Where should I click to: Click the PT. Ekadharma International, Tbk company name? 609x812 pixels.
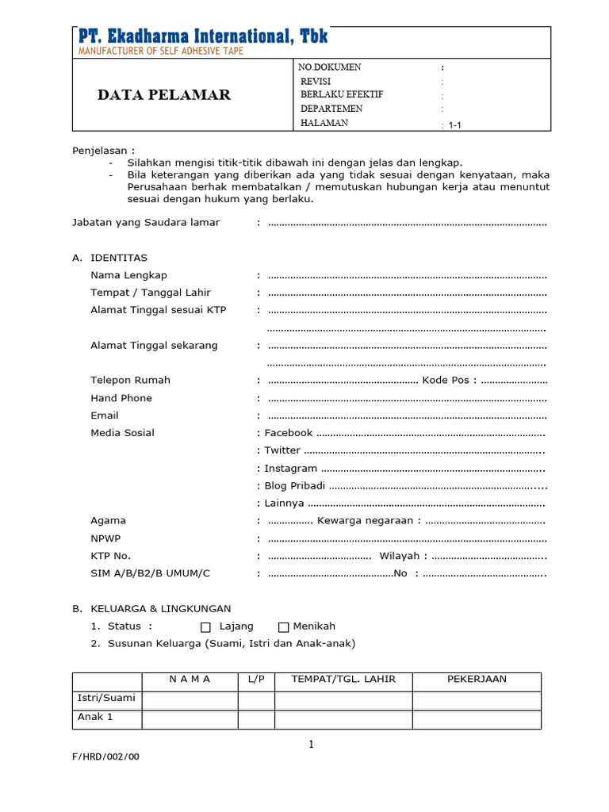[x=203, y=36]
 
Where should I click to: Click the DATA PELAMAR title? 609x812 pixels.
[x=164, y=95]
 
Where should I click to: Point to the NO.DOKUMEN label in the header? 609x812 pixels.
[x=330, y=67]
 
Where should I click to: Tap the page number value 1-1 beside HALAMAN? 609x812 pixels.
[x=455, y=125]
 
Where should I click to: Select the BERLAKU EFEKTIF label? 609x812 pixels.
[x=342, y=94]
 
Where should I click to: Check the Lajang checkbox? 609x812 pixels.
[x=206, y=627]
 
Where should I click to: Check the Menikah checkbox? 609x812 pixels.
[x=283, y=627]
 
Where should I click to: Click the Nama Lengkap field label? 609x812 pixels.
[x=128, y=275]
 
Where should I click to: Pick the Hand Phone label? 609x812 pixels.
[x=121, y=398]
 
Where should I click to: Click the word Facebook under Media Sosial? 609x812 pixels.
[x=289, y=433]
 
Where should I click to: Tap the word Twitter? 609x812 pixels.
[x=282, y=450]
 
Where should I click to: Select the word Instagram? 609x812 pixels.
[x=291, y=469]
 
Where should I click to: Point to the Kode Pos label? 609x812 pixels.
[x=446, y=381]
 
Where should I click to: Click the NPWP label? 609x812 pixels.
[x=105, y=538]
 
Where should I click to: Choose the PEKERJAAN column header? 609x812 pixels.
[x=477, y=680]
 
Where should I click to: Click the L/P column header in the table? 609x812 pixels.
[x=256, y=680]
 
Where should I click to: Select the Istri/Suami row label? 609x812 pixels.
[x=106, y=699]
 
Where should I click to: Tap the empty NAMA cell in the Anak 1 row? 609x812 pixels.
[x=190, y=718]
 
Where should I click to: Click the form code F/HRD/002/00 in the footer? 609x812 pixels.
[x=105, y=756]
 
